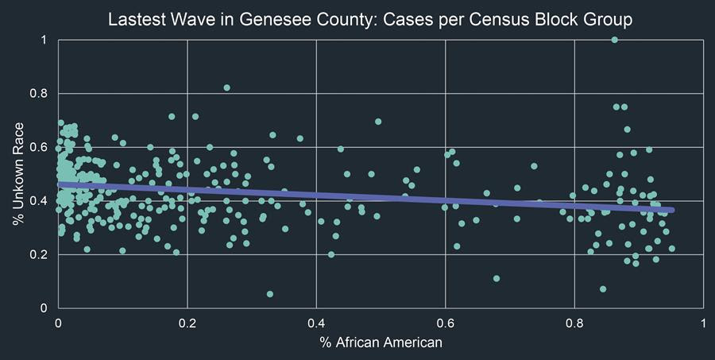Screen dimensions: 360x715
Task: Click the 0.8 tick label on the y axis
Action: coord(39,93)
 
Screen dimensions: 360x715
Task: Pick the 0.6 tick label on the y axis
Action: coord(39,147)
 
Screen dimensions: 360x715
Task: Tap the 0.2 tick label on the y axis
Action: coord(39,254)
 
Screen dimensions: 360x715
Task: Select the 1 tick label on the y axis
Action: coord(44,40)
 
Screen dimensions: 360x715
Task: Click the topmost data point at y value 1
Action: coord(615,40)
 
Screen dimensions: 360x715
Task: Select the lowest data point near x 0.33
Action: coord(270,294)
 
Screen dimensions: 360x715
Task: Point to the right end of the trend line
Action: coord(672,210)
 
